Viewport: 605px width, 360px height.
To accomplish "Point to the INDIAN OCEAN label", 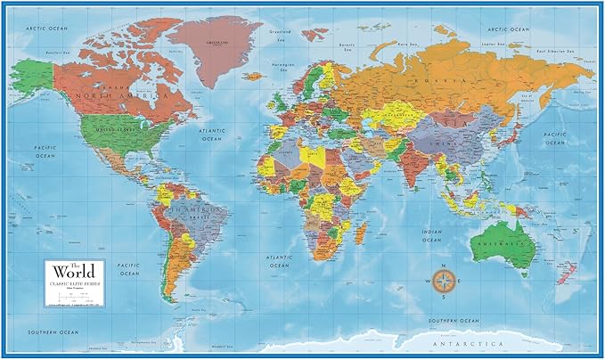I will pos(430,235).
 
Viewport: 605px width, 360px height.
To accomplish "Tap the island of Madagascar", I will pos(361,233).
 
